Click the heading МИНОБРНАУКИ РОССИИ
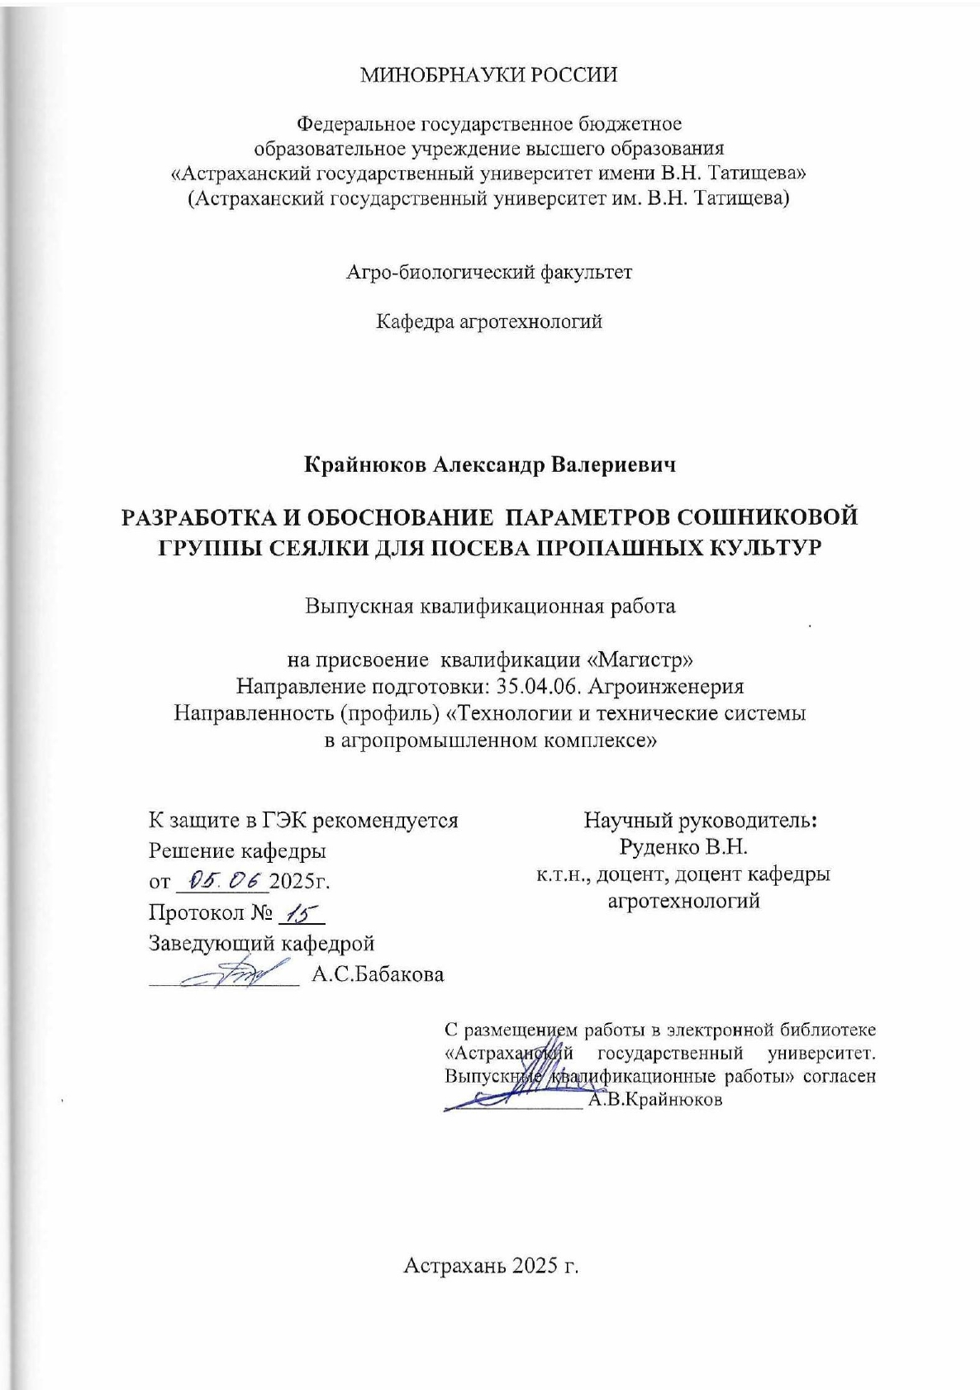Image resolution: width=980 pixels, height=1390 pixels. (x=489, y=75)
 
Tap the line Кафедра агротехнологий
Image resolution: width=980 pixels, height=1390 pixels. (x=489, y=321)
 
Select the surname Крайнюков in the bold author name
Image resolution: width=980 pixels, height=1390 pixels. (x=366, y=465)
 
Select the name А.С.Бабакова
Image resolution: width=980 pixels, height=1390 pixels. (x=378, y=974)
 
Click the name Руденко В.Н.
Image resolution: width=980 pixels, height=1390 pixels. (x=683, y=847)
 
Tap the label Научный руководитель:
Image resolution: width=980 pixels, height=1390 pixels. (x=701, y=821)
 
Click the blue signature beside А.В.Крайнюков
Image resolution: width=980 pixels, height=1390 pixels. (x=504, y=1095)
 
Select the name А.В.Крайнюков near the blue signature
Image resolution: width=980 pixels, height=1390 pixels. (x=655, y=1100)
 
